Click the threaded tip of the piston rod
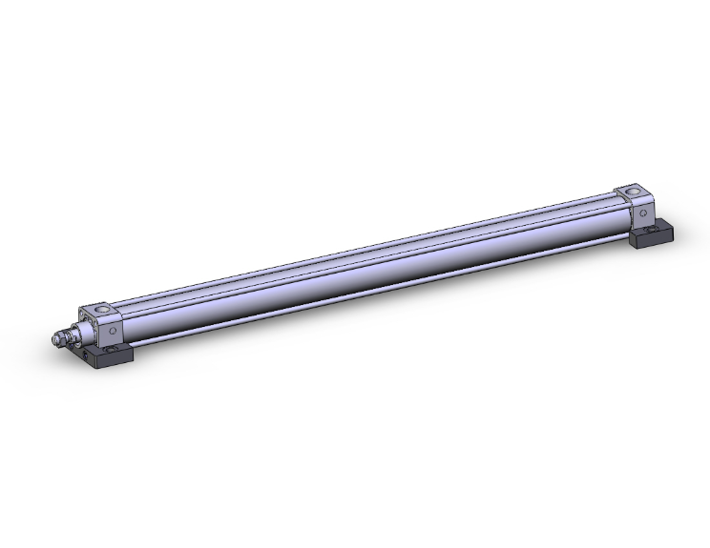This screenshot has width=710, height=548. coord(53,340)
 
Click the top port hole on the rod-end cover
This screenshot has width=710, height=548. coord(98,310)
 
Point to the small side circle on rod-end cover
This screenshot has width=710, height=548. coord(114,330)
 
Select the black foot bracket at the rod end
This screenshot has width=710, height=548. coord(111,358)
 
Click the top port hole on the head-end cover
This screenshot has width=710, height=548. coord(629,193)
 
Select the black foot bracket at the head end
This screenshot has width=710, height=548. coord(651,233)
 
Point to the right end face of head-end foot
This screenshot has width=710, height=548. coord(666,234)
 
